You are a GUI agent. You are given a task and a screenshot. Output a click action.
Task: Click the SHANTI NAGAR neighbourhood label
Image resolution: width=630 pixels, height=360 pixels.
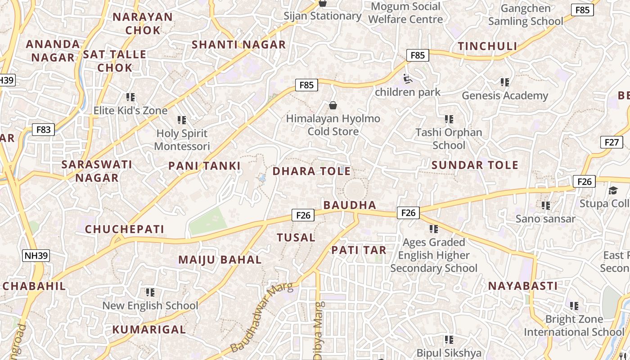pyautogui.click(x=238, y=45)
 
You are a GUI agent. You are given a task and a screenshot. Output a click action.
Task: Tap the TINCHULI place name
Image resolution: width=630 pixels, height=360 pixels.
pyautogui.click(x=487, y=46)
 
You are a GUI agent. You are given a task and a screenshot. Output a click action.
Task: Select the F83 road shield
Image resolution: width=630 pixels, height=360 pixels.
pyautogui.click(x=43, y=130)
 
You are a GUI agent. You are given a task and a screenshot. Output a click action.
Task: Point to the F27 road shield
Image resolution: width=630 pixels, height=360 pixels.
pyautogui.click(x=612, y=142)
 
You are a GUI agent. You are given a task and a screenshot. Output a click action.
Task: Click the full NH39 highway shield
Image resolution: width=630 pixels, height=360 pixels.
pyautogui.click(x=36, y=256)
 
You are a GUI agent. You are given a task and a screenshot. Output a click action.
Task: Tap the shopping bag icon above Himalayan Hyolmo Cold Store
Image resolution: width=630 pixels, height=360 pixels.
pyautogui.click(x=333, y=105)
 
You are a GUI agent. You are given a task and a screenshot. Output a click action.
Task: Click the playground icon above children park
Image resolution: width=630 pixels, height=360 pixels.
pyautogui.click(x=407, y=79)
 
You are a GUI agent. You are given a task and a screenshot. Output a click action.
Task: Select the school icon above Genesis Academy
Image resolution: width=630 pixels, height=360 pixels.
pyautogui.click(x=505, y=82)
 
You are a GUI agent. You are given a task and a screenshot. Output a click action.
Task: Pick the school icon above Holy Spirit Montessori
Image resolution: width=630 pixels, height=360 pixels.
pyautogui.click(x=182, y=120)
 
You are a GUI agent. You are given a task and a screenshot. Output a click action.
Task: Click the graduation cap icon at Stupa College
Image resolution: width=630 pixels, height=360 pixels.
pyautogui.click(x=613, y=191)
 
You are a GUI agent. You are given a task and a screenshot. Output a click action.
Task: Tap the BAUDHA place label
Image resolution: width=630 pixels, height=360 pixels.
pyautogui.click(x=350, y=205)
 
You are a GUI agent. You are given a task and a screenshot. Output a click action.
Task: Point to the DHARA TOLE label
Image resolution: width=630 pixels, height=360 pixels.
pyautogui.click(x=311, y=171)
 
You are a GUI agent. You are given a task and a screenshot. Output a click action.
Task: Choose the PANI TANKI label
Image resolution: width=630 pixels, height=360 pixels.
pyautogui.click(x=204, y=166)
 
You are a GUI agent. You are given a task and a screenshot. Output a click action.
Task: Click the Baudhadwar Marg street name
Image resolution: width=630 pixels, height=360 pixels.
pyautogui.click(x=261, y=317)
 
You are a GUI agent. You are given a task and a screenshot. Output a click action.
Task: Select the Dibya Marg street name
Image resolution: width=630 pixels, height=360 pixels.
pyautogui.click(x=318, y=330)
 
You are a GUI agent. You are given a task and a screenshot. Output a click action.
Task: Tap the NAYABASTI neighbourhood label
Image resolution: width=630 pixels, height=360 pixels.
pyautogui.click(x=523, y=286)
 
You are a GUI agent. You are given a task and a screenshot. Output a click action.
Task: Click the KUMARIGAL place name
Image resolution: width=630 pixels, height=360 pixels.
pyautogui.click(x=149, y=329)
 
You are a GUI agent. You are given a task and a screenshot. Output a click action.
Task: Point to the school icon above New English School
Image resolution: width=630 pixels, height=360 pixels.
pyautogui.click(x=150, y=292)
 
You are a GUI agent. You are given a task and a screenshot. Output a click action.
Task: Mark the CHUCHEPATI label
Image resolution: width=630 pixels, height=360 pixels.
pyautogui.click(x=125, y=229)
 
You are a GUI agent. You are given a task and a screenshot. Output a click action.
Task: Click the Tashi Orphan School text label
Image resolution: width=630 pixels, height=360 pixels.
pyautogui.click(x=449, y=139)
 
